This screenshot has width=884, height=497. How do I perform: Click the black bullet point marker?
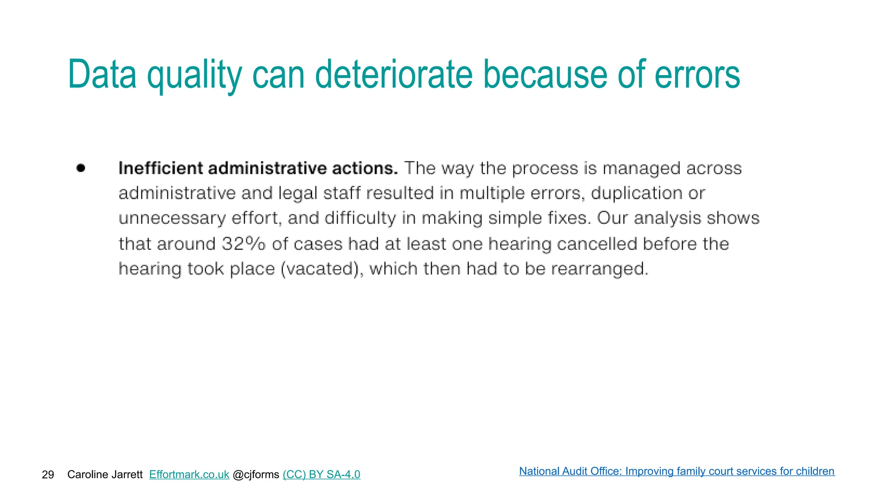tap(81, 168)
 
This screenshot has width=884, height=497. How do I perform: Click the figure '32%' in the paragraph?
tap(243, 244)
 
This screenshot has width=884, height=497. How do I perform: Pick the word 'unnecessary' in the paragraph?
tap(172, 218)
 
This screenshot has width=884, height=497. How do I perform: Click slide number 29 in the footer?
tap(48, 475)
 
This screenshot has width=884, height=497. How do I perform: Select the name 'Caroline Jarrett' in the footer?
tap(105, 475)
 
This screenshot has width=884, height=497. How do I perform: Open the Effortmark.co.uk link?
tap(189, 475)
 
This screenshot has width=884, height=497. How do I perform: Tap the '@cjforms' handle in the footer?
tap(256, 475)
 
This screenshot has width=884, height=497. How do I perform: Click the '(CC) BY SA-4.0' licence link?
tap(321, 475)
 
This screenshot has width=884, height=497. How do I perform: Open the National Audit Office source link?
tap(676, 471)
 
